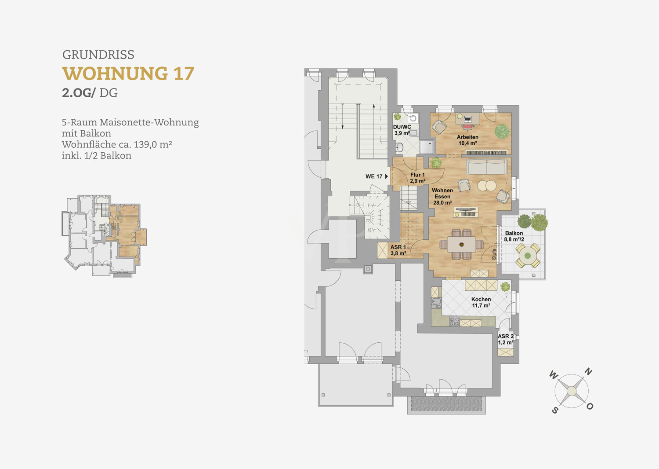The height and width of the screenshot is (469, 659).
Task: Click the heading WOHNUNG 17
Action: tap(128, 73)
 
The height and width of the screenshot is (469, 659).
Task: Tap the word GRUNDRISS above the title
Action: tap(98, 55)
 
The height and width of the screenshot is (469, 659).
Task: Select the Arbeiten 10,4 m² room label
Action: tap(467, 140)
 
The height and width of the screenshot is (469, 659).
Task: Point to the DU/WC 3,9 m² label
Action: tap(402, 130)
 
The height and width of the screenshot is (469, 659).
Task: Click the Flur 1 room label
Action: tap(418, 178)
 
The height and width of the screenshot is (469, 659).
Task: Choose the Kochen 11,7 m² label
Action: tap(481, 302)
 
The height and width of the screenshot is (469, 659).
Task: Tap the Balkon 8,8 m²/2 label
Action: tap(514, 236)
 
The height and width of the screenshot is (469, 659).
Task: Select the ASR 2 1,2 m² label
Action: tap(506, 339)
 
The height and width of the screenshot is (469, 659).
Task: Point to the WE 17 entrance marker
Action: tap(377, 176)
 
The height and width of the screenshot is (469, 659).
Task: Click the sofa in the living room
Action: tap(487, 167)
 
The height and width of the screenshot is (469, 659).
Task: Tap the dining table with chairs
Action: tap(461, 245)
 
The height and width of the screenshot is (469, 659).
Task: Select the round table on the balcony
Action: tap(528, 256)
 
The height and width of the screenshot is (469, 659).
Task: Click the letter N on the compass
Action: tap(588, 371)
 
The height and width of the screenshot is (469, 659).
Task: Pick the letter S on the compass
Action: tap(555, 410)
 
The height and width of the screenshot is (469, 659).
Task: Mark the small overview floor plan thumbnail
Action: tap(104, 235)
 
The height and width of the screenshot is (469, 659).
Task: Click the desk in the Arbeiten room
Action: tap(468, 119)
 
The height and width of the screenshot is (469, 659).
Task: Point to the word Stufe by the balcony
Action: tap(494, 254)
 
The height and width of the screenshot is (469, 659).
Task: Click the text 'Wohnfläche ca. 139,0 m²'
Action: tap(117, 145)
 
